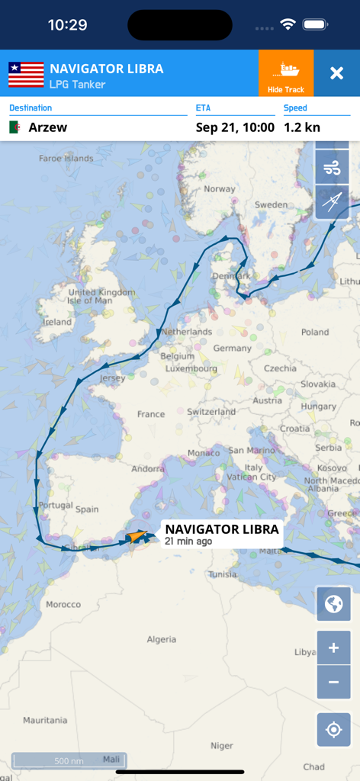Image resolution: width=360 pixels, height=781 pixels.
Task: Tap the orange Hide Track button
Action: click(x=286, y=73)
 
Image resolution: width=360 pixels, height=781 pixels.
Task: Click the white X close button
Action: click(x=336, y=73)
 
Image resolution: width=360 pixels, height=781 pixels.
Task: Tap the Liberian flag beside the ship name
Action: click(x=26, y=74)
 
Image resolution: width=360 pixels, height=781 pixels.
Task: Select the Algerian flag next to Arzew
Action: click(x=15, y=127)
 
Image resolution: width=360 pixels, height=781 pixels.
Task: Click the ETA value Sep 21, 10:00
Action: click(x=235, y=127)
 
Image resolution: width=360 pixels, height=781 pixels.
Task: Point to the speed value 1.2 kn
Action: click(x=302, y=127)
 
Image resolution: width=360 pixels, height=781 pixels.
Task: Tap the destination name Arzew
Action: click(x=48, y=127)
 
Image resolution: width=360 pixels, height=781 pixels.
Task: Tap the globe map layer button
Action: click(x=333, y=605)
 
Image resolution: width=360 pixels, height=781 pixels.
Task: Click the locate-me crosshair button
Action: click(x=333, y=730)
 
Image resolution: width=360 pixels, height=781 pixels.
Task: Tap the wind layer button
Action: click(x=333, y=167)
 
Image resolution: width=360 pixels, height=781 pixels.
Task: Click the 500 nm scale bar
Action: click(x=69, y=760)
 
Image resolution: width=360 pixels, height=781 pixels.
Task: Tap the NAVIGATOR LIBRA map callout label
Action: click(x=222, y=534)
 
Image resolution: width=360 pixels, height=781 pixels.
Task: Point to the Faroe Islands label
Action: click(x=66, y=159)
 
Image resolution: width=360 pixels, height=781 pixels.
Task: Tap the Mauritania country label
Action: click(x=45, y=720)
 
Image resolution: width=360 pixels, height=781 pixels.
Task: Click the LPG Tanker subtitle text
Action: click(x=77, y=84)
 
